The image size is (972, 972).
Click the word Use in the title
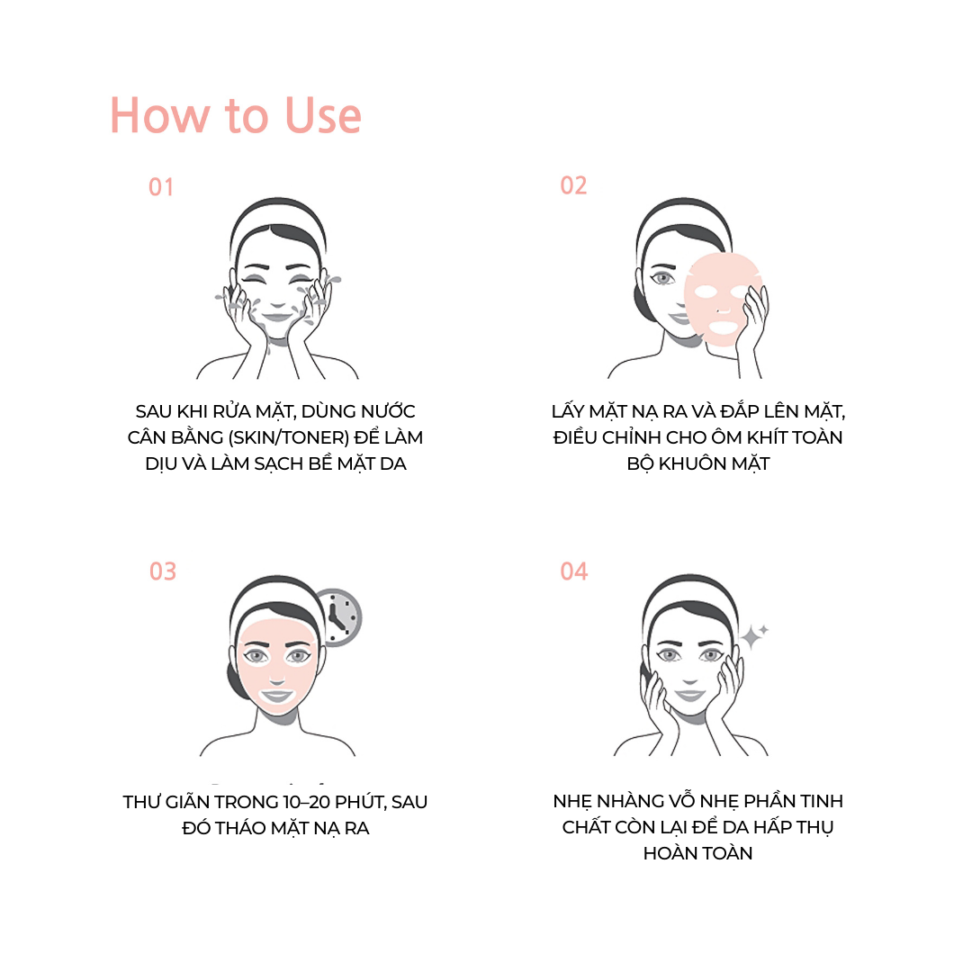pyautogui.click(x=323, y=115)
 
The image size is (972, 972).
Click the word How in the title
pyautogui.click(x=160, y=115)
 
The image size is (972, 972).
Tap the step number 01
pyautogui.click(x=161, y=187)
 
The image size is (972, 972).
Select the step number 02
pyautogui.click(x=573, y=185)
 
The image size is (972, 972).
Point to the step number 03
pyautogui.click(x=163, y=571)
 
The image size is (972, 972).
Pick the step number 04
pyautogui.click(x=574, y=571)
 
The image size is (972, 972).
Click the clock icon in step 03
pyautogui.click(x=338, y=617)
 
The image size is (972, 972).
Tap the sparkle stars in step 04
pyautogui.click(x=754, y=634)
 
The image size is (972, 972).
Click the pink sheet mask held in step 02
pyautogui.click(x=722, y=298)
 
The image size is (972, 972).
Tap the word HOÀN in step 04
pyautogui.click(x=667, y=853)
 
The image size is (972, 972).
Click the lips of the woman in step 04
pyautogui.click(x=689, y=694)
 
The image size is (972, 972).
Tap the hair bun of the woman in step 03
pyautogui.click(x=237, y=680)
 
